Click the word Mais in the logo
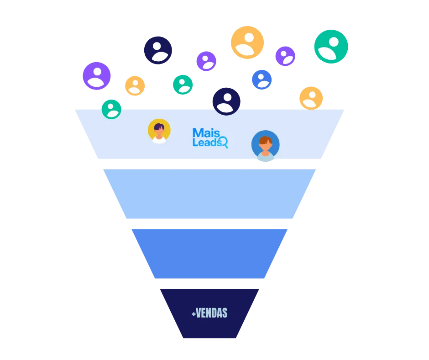tap(203, 133)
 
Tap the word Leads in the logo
tap(206, 143)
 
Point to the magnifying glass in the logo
tap(223, 142)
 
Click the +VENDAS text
tap(209, 313)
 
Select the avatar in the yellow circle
tap(159, 131)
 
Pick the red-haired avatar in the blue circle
tap(265, 146)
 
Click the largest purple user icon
tap(96, 76)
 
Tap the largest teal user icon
tap(331, 47)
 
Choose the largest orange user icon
tap(247, 42)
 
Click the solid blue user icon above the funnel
tap(262, 79)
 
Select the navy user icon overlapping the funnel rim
tap(226, 101)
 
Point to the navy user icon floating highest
tap(157, 50)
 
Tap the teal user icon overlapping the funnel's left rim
tap(111, 109)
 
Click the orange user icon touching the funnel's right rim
tap(311, 97)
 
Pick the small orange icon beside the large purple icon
tap(135, 86)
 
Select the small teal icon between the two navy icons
tap(183, 85)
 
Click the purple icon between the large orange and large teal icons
tap(285, 56)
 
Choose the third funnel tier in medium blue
tap(209, 253)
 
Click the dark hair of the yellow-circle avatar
tap(159, 126)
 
